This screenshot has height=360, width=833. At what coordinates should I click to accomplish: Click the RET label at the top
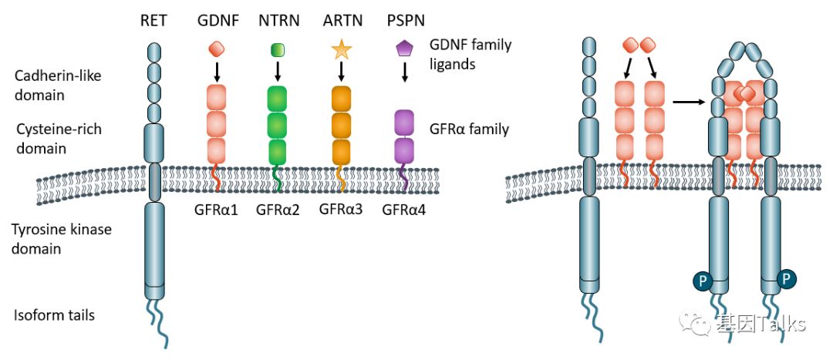point(154,21)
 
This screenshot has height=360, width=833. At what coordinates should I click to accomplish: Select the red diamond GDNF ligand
point(217,49)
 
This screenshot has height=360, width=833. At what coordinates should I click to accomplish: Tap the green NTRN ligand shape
point(278,51)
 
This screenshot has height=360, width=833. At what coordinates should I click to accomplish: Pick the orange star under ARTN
point(341,50)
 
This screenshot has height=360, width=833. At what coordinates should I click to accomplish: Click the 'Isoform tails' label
point(54,315)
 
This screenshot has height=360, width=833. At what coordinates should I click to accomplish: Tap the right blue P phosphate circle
point(786,278)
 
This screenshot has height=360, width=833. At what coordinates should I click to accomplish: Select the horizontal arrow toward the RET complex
point(688,100)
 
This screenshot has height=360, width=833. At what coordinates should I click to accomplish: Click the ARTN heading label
point(341,21)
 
